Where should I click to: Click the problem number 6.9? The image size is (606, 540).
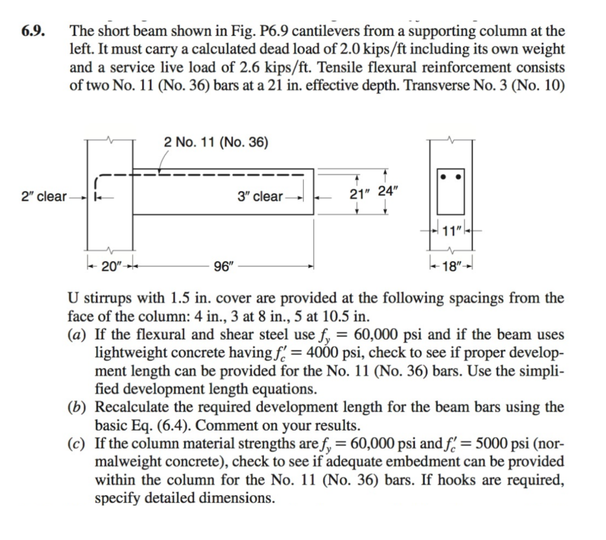coord(34,31)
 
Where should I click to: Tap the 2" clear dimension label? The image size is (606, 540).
coord(43,196)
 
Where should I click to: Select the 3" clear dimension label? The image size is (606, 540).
coord(260,196)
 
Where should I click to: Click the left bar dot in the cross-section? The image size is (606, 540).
coord(443,176)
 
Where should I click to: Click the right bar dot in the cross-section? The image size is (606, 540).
coord(458,176)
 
